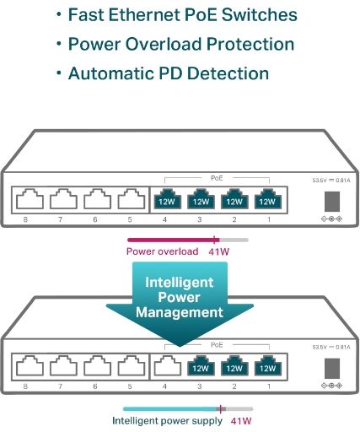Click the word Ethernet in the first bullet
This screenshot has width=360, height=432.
click(137, 14)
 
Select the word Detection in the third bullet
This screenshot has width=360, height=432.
click(228, 73)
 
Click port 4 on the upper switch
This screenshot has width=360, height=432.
click(168, 199)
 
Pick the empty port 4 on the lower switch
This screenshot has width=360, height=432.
click(168, 365)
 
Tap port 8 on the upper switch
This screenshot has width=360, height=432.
click(30, 199)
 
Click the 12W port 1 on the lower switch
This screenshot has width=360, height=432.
click(268, 365)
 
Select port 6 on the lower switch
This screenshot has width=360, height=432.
click(98, 365)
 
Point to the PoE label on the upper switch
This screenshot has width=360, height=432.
click(217, 178)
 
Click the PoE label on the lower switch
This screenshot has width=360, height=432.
click(217, 345)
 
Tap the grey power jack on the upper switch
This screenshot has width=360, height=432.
click(332, 202)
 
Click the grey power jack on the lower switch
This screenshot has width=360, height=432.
click(332, 368)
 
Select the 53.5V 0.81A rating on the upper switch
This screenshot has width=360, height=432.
click(331, 180)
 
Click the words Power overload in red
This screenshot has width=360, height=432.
click(163, 251)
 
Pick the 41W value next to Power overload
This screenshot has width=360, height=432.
click(219, 251)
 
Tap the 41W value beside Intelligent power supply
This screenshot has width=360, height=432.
click(241, 421)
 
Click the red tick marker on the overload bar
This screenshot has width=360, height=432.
click(215, 240)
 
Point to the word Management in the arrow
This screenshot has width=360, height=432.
click(180, 312)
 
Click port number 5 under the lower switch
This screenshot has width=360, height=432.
click(130, 386)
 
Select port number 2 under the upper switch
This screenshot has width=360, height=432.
click(234, 219)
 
